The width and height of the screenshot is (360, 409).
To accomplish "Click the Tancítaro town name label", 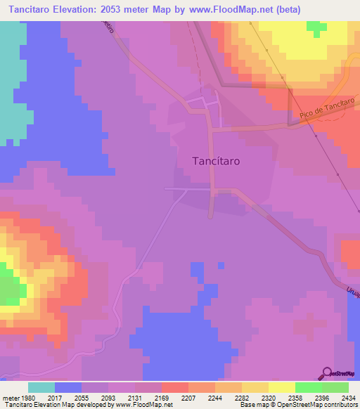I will (x=216, y=161).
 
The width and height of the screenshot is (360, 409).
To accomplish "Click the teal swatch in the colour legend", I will (x=41, y=387).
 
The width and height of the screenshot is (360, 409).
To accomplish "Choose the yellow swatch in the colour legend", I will (x=281, y=387).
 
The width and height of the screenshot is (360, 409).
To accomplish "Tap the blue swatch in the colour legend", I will (x=68, y=387).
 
